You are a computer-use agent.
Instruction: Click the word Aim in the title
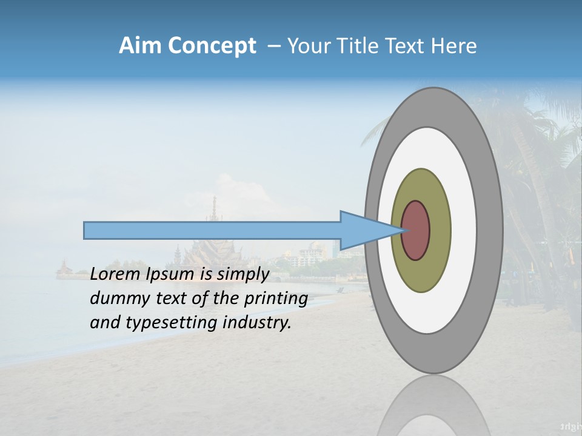(140, 45)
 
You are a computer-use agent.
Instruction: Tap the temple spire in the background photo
(214, 209)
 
